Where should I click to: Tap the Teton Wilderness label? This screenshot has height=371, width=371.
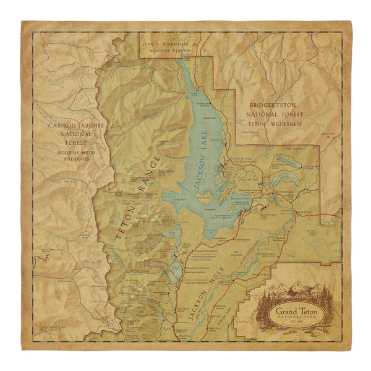pos(273,123)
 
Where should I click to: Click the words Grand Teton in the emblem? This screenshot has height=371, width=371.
pos(295,312)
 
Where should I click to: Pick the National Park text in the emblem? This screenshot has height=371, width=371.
pos(295,320)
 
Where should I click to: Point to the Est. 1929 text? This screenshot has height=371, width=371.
pos(295,328)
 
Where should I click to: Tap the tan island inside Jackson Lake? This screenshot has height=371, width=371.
pos(202,197)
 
